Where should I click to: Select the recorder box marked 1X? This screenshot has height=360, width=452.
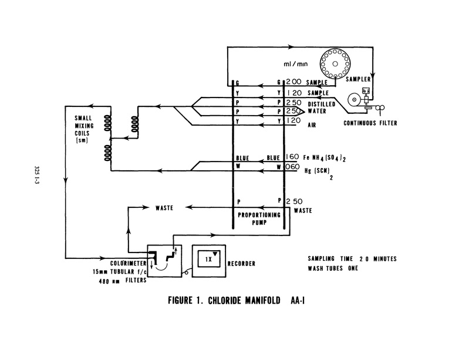pyautogui.click(x=208, y=261)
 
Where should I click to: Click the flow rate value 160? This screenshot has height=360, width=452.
pyautogui.click(x=292, y=157)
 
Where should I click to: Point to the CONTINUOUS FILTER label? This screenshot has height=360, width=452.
pyautogui.click(x=370, y=123)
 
